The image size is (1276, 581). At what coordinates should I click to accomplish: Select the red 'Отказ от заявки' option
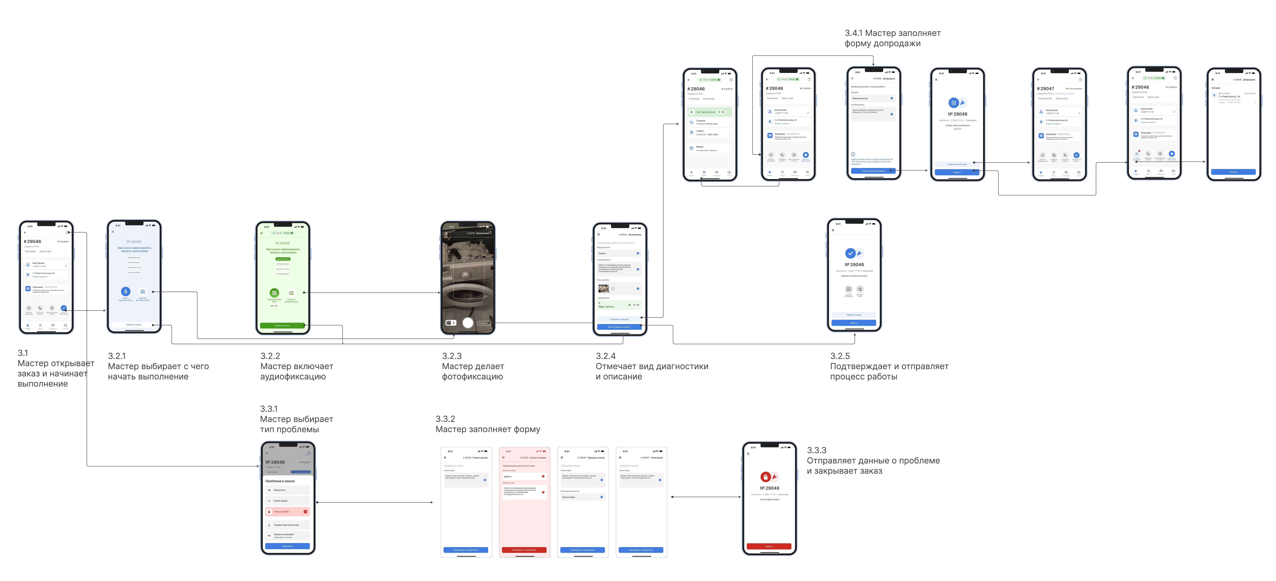[x=287, y=511]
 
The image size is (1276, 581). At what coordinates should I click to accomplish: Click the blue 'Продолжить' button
[x=287, y=546]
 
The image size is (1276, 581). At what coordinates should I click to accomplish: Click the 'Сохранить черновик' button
[x=619, y=319]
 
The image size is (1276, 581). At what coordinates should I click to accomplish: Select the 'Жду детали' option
[x=287, y=490]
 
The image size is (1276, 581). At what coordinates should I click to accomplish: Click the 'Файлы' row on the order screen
[x=709, y=148]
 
